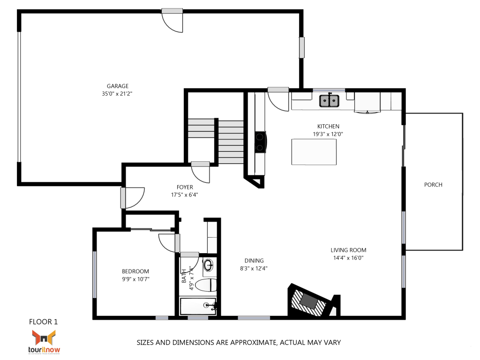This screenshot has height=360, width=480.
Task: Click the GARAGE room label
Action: click(117, 86)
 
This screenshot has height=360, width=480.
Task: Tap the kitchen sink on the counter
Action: click(330, 101)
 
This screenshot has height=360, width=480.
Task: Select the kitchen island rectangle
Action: click(314, 152)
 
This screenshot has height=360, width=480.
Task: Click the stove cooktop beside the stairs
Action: click(260, 142)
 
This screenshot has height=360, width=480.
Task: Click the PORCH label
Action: click(433, 185)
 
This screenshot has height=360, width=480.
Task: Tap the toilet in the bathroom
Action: click(207, 285)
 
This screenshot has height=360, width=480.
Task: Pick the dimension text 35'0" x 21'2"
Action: click(117, 94)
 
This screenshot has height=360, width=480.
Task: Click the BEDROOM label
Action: click(135, 271)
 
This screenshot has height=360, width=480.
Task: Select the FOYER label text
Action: click(185, 187)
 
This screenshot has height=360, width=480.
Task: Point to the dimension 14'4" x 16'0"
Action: click(348, 258)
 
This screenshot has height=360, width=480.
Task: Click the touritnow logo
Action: click(44, 341)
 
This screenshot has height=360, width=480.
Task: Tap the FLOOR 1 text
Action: click(43, 322)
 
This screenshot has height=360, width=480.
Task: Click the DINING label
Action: click(254, 261)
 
